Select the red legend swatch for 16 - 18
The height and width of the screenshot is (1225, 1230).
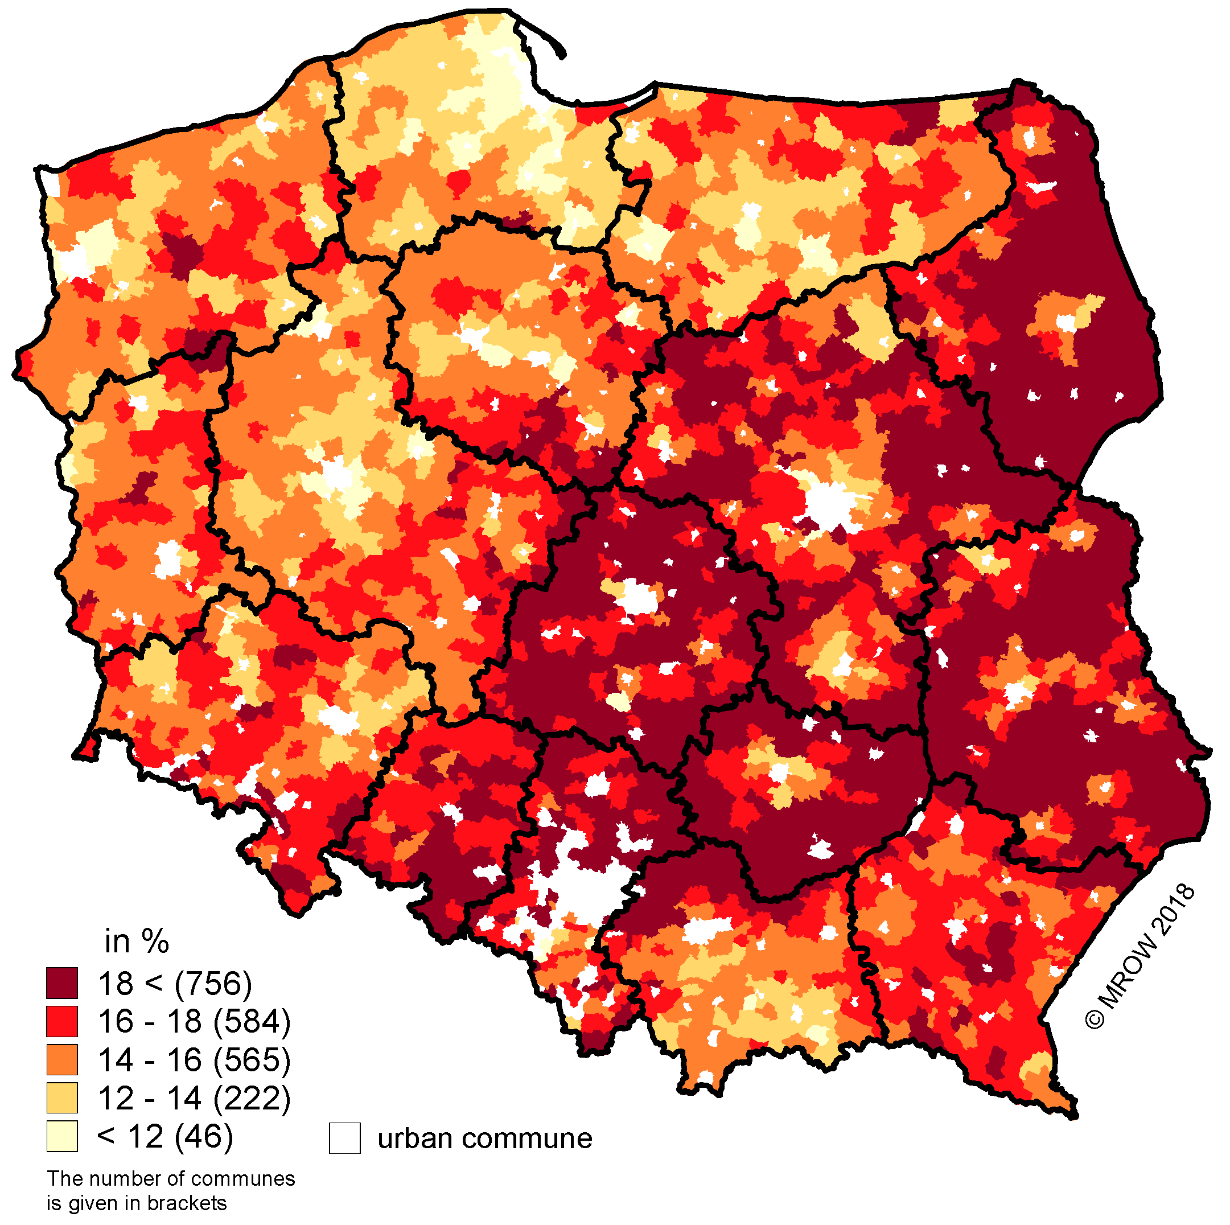click(x=61, y=1022)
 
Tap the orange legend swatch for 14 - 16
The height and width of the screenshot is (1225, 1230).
click(x=61, y=1060)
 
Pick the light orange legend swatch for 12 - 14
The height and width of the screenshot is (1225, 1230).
click(x=61, y=1098)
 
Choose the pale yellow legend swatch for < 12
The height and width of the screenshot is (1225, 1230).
click(x=61, y=1137)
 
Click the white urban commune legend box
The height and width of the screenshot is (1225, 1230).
click(x=344, y=1138)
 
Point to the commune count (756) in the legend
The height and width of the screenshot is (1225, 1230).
click(x=213, y=984)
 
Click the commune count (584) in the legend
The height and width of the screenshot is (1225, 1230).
click(x=252, y=1022)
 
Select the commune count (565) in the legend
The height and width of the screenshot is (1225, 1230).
click(x=252, y=1060)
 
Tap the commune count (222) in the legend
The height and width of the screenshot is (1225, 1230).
click(x=252, y=1098)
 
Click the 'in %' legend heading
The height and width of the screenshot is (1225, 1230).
click(x=137, y=942)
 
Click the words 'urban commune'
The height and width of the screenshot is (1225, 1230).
click(x=484, y=1138)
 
